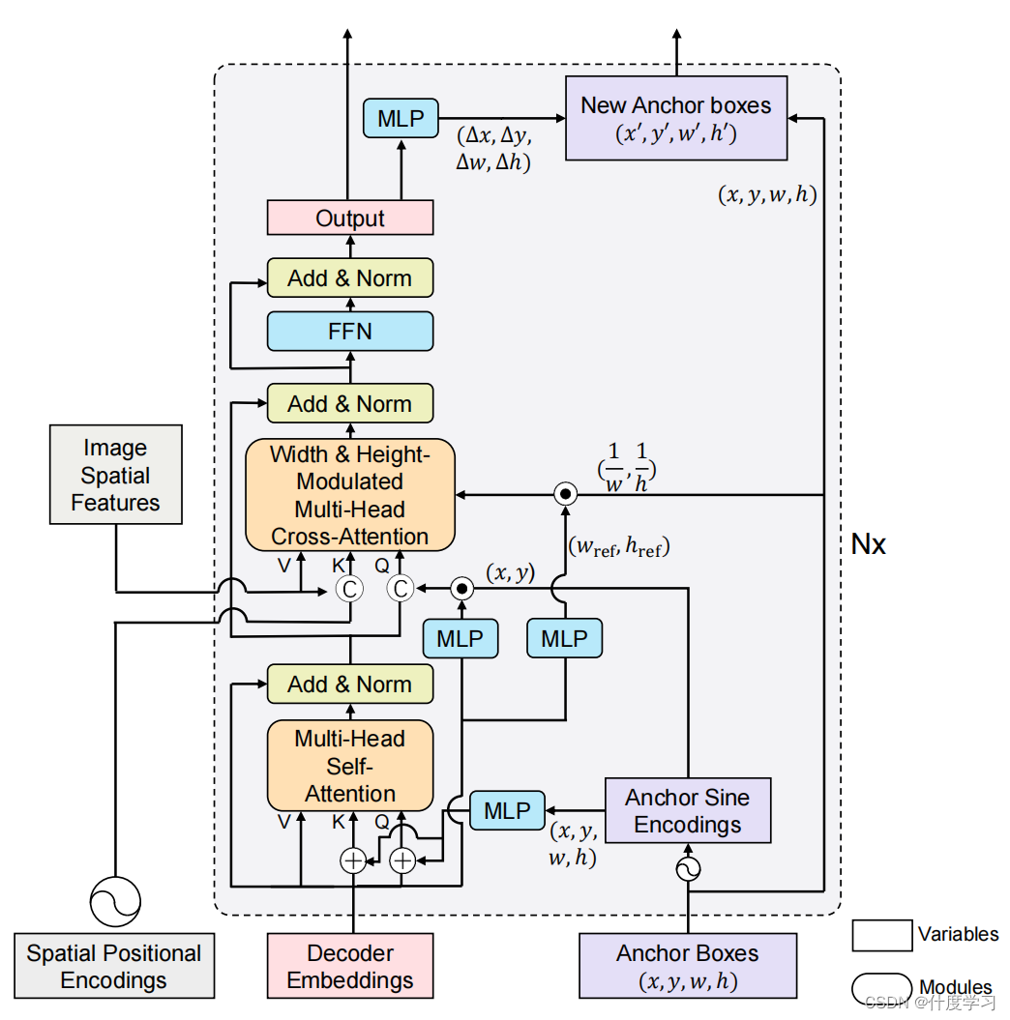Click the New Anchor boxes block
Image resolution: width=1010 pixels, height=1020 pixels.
(x=675, y=118)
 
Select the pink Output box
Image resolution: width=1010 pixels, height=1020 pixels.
(x=349, y=219)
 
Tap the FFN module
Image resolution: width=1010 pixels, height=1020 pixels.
(x=349, y=332)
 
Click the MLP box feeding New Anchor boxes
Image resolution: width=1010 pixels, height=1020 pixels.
(x=401, y=119)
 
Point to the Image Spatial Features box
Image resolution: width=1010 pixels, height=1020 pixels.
(x=115, y=475)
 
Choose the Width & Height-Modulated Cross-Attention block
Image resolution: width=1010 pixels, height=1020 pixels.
(x=349, y=495)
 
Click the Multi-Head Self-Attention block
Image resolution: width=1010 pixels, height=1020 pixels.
(x=349, y=766)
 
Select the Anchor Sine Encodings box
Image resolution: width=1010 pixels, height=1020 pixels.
(x=687, y=811)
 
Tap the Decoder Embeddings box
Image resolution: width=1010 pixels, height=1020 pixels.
(x=349, y=966)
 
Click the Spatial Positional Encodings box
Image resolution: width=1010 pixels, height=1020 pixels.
(x=114, y=966)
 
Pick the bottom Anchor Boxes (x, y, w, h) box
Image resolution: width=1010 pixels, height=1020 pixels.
(x=687, y=966)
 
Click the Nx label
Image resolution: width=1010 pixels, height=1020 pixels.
(x=868, y=544)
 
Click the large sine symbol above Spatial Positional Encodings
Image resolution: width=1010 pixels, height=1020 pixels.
(x=115, y=901)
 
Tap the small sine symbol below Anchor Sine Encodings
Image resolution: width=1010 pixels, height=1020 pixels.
(x=688, y=869)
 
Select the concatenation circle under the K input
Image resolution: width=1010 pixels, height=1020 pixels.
(x=349, y=587)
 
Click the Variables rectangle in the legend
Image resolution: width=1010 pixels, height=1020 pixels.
(x=881, y=935)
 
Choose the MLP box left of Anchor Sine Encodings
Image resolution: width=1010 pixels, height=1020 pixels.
(x=507, y=811)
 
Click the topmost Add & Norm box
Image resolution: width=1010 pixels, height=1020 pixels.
(x=349, y=278)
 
